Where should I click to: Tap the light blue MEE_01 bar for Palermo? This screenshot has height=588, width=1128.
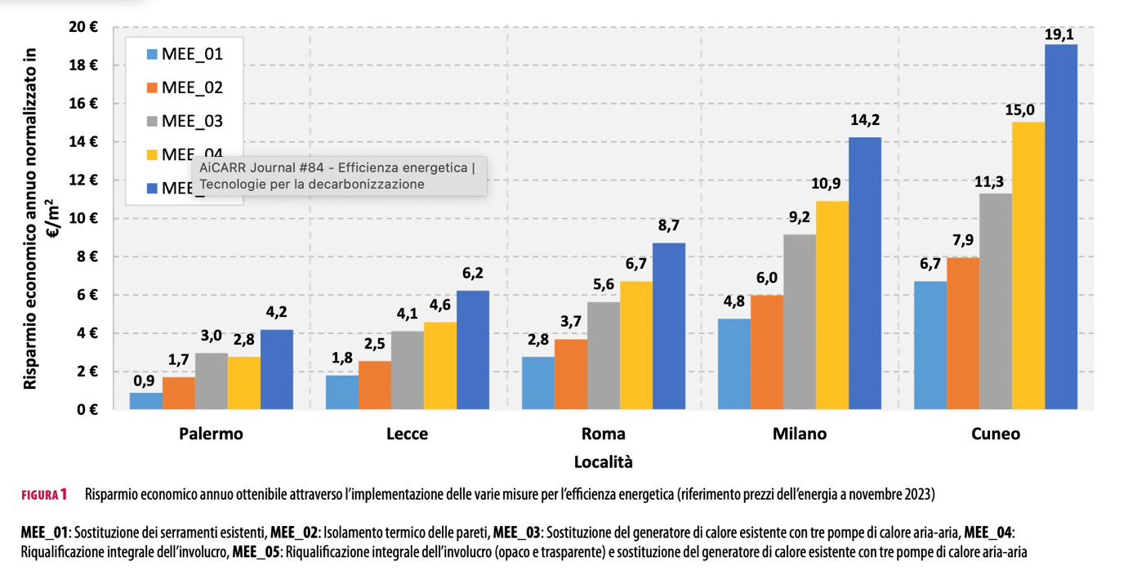pyautogui.click(x=146, y=400)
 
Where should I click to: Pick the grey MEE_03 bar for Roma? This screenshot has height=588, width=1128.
pyautogui.click(x=604, y=355)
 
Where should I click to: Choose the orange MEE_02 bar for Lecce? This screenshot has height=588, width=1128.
pyautogui.click(x=375, y=385)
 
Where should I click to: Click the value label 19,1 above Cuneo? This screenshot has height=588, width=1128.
pyautogui.click(x=1062, y=33)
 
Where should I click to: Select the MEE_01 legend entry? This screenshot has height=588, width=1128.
pyautogui.click(x=183, y=55)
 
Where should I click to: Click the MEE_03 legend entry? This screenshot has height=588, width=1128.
pyautogui.click(x=183, y=122)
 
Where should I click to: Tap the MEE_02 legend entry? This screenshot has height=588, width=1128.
pyautogui.click(x=183, y=88)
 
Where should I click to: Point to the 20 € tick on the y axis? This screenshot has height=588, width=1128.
pyautogui.click(x=82, y=27)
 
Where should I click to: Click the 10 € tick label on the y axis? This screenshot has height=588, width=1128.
pyautogui.click(x=82, y=218)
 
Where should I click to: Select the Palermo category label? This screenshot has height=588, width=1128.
pyautogui.click(x=211, y=434)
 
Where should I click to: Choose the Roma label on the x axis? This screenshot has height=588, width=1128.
pyautogui.click(x=603, y=434)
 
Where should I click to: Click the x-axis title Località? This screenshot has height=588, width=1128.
pyautogui.click(x=603, y=461)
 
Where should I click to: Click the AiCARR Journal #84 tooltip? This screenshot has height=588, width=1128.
pyautogui.click(x=338, y=176)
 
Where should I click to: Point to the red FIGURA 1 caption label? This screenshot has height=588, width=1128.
pyautogui.click(x=44, y=495)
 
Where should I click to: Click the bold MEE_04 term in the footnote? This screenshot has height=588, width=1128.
pyautogui.click(x=988, y=533)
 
